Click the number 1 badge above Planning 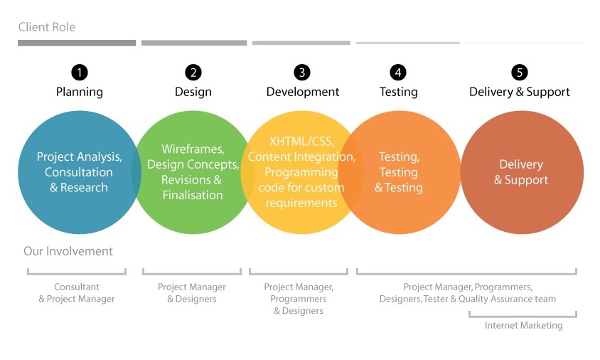[80, 73]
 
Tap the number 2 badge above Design [193, 73]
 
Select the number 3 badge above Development [303, 73]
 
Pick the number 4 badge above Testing [398, 73]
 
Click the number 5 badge [520, 73]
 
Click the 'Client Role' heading [47, 28]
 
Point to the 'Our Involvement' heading [68, 251]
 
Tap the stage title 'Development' [303, 92]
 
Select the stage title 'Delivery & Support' [520, 92]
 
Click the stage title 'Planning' [80, 92]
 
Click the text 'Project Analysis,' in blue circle [80, 157]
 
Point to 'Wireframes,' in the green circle [193, 149]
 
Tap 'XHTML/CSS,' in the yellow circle [301, 141]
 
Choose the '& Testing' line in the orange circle [399, 188]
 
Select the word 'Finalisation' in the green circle [192, 195]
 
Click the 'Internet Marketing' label [523, 325]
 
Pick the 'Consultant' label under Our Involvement [77, 287]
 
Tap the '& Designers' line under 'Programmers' [299, 311]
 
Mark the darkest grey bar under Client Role [77, 43]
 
